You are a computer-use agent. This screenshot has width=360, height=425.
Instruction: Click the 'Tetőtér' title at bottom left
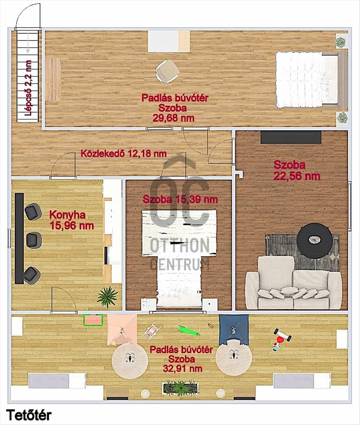pyautogui.click(x=29, y=415)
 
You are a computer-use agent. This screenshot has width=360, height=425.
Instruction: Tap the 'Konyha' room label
pyautogui.click(x=68, y=215)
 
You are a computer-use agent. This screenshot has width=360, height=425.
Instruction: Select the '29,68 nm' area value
pyautogui.click(x=173, y=118)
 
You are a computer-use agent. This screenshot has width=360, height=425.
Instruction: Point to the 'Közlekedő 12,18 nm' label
pyautogui.click(x=124, y=153)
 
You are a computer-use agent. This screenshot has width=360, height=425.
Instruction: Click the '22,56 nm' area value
pyautogui.click(x=297, y=176)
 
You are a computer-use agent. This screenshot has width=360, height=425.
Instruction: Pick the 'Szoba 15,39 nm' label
pyautogui.click(x=180, y=199)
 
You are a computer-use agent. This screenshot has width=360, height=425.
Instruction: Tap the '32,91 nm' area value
pyautogui.click(x=182, y=368)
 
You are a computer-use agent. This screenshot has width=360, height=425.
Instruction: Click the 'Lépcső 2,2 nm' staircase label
pyautogui.click(x=28, y=88)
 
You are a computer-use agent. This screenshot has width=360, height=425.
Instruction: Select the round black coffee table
pyautogui.click(x=315, y=241)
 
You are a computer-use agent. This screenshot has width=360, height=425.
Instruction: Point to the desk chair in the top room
pyautogui.click(x=167, y=71)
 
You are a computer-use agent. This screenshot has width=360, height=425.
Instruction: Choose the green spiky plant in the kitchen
pyautogui.click(x=108, y=296)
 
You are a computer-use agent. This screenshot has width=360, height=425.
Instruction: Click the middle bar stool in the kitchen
pyautogui.click(x=34, y=240)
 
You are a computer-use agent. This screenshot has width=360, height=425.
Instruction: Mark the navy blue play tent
pyautogui.click(x=234, y=330)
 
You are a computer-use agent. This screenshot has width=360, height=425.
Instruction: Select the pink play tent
pyautogui.click(x=122, y=330)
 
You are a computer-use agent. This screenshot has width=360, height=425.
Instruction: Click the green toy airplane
pyautogui.click(x=189, y=331)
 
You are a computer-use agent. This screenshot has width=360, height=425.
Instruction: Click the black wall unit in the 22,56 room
pyautogui.click(x=291, y=137)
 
